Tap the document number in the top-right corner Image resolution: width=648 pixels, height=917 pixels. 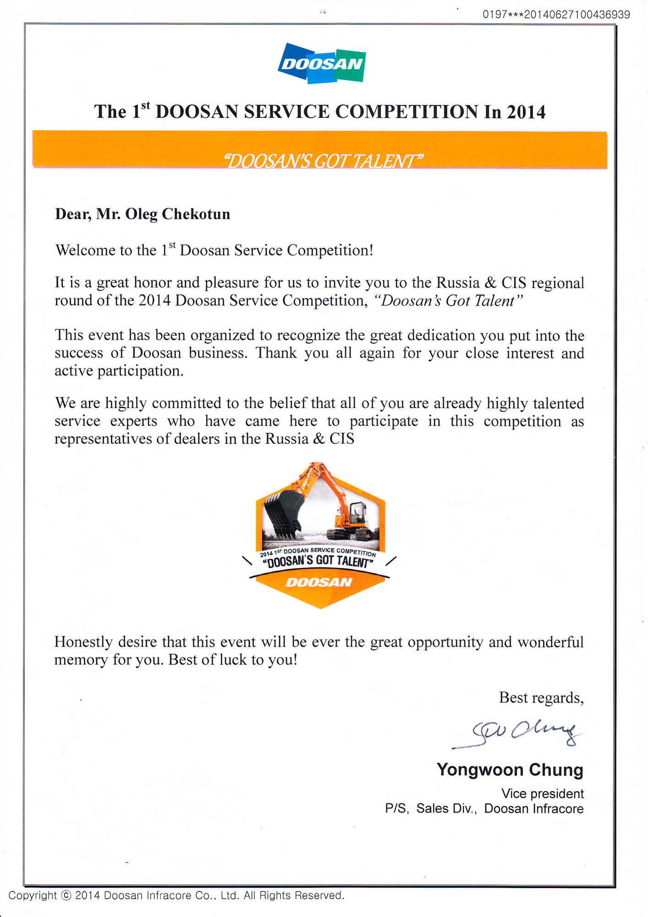(556, 14)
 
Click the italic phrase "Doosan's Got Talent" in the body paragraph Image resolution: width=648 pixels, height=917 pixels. (448, 301)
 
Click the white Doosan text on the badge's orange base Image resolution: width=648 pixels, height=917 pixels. (319, 582)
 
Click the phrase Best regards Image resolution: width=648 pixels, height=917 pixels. (541, 698)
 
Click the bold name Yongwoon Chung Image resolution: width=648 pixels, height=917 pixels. (510, 770)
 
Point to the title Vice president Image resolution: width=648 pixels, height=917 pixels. (542, 794)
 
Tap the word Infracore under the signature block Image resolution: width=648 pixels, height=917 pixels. (556, 808)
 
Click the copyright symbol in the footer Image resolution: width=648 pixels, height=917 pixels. (66, 895)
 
